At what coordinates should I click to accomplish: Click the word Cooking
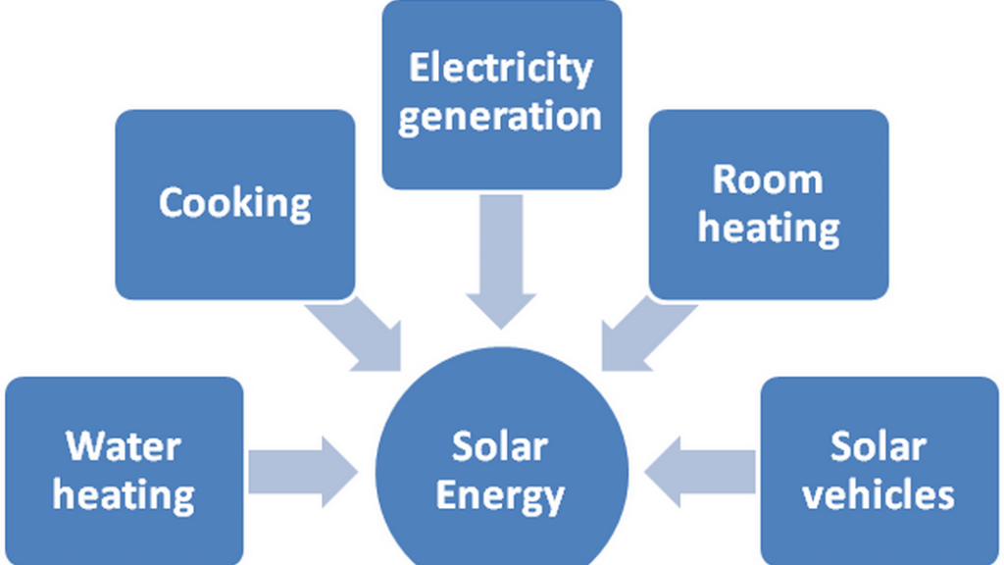coord(235,203)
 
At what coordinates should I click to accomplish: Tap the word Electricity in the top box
coord(500,69)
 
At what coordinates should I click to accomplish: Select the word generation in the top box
coord(500,116)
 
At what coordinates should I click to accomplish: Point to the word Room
coord(768,180)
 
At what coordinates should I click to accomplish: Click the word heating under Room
coord(769,228)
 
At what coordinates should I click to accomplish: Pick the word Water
coord(124,446)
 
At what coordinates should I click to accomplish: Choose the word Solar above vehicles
coord(878,446)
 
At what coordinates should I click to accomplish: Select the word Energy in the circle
coord(500,495)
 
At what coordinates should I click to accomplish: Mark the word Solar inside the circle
coord(500,447)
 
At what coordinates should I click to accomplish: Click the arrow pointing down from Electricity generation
coord(500,260)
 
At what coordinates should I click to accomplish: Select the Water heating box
coord(124,530)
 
